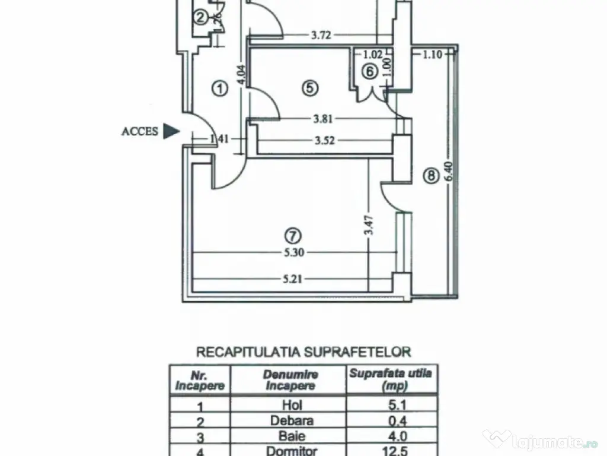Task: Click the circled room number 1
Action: [x=219, y=89]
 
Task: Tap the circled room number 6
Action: [x=369, y=71]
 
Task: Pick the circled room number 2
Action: [x=202, y=18]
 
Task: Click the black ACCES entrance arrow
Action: [x=171, y=131]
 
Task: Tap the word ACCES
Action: [x=140, y=132]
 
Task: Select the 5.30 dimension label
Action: [x=294, y=252]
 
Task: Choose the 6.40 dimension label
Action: [x=449, y=172]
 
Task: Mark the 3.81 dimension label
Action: [x=322, y=118]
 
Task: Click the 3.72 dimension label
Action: [x=321, y=35]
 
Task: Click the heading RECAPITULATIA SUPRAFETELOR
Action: [x=303, y=351]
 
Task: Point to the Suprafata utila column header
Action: [x=391, y=379]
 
